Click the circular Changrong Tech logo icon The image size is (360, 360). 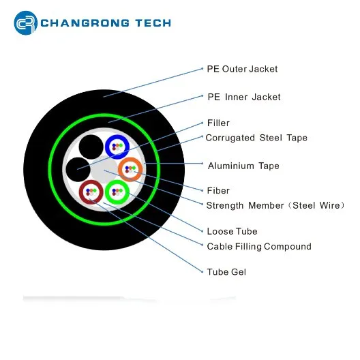(26, 23)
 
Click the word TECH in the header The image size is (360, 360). (153, 23)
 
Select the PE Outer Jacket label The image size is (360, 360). (242, 69)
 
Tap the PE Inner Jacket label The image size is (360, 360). (244, 97)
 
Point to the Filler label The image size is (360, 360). (218, 123)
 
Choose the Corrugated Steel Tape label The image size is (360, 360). (256, 138)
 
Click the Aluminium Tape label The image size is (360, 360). (243, 166)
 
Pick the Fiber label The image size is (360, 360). (218, 190)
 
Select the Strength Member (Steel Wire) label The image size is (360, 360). (275, 205)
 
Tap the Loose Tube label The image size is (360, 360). (232, 231)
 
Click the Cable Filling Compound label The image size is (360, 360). (259, 246)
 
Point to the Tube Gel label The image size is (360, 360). (226, 272)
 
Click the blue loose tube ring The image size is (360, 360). (117, 136)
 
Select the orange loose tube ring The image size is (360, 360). (130, 159)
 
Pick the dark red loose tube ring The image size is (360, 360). (91, 182)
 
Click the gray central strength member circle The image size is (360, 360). (104, 170)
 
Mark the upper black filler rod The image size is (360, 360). (91, 147)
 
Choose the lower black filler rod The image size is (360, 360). (78, 170)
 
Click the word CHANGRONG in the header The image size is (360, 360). (85, 23)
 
